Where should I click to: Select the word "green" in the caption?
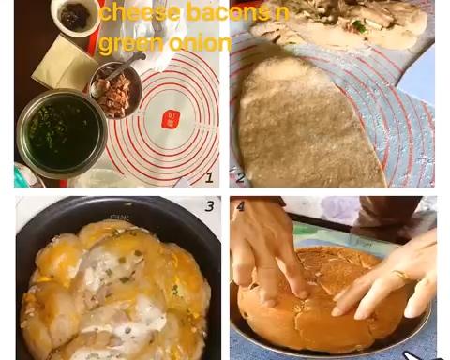pos(131,44)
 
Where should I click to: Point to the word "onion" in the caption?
pos(200,43)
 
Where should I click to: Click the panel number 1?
pos(209,177)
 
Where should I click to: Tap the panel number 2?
pos(240,177)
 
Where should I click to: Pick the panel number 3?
pos(209,206)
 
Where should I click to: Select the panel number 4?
pos(240,206)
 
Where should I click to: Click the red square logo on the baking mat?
pos(169,120)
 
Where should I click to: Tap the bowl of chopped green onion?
pos(62,134)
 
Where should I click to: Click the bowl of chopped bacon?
pos(116,90)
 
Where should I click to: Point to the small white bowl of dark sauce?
pos(76,16)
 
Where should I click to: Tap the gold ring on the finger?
pos(400,275)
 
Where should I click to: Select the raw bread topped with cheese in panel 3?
pos(115,291)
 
